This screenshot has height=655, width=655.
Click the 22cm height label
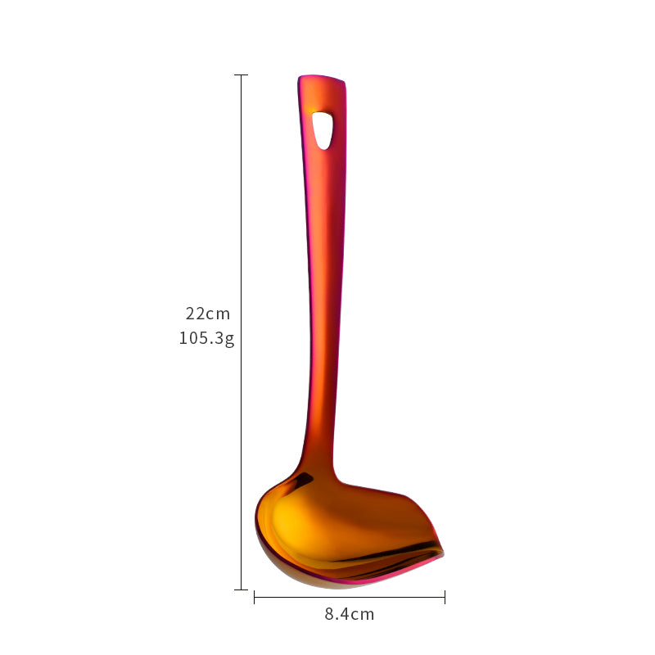208,314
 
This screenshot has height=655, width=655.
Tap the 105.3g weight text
206,338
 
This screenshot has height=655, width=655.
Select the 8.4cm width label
350,614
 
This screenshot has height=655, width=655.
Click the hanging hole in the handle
323,129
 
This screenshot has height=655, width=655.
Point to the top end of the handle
322,79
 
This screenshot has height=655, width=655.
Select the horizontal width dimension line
350,598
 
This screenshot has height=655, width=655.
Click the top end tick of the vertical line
241,75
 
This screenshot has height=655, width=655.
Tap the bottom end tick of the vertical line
241,589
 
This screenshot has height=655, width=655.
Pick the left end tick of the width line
255,598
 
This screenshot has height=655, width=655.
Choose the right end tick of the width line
445,598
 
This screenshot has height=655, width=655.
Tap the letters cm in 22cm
219,314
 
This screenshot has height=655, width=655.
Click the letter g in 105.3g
230,339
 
